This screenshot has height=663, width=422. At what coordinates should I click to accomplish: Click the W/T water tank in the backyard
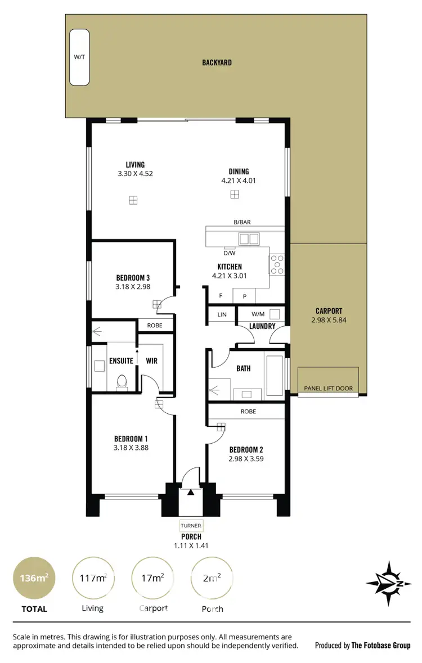(78, 57)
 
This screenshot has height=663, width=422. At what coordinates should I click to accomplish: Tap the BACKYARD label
(217, 63)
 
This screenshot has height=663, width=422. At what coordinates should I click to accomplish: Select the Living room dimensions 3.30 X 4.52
(135, 174)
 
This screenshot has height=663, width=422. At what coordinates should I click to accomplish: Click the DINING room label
(239, 172)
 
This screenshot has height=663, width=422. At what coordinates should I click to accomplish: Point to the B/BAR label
(242, 222)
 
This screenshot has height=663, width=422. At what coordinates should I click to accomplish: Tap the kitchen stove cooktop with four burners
(277, 264)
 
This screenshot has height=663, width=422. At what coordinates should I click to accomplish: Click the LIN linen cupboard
(222, 315)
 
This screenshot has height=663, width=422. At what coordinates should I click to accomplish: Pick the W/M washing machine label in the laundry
(258, 314)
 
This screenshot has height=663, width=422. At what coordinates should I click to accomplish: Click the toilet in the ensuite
(121, 382)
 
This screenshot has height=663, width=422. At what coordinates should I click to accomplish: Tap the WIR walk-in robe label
(151, 360)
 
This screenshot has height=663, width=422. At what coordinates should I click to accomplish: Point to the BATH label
(243, 369)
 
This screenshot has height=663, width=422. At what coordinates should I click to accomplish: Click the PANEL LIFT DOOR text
(328, 389)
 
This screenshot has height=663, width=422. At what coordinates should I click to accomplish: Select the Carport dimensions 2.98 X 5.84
(329, 320)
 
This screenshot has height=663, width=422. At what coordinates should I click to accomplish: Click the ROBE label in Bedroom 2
(248, 412)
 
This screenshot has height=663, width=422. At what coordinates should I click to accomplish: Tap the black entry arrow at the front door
(191, 492)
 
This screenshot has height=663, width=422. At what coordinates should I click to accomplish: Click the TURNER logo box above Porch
(191, 526)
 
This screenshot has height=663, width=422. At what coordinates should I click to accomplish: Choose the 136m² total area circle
(34, 578)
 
